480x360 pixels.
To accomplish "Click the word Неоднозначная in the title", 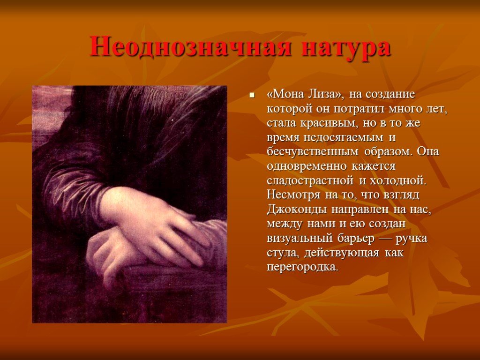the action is tap(190, 46).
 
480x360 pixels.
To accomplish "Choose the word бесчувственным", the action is tap(313, 151).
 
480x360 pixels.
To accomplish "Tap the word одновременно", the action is tap(307, 166).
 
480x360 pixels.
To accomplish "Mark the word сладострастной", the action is tap(310, 180).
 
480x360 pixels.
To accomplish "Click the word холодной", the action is tap(398, 180).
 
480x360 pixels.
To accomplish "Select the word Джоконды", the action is tap(294, 210).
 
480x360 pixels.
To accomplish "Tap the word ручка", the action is tap(412, 239).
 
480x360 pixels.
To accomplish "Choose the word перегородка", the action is tap(303, 267).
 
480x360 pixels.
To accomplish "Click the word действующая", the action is tap(342, 253).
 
